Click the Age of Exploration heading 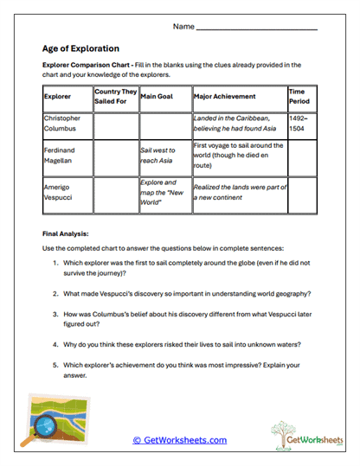(x=80, y=48)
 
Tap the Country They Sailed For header (x=115, y=97)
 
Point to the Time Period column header (x=299, y=97)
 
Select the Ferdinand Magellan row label (x=62, y=155)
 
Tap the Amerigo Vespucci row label (x=61, y=192)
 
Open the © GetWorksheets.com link (x=179, y=440)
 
